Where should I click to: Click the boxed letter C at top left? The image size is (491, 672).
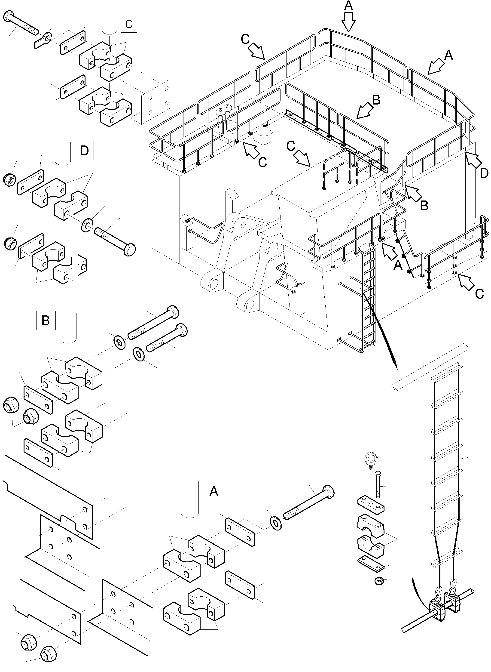pos(129,24)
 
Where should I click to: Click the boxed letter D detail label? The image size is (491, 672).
pos(84,151)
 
